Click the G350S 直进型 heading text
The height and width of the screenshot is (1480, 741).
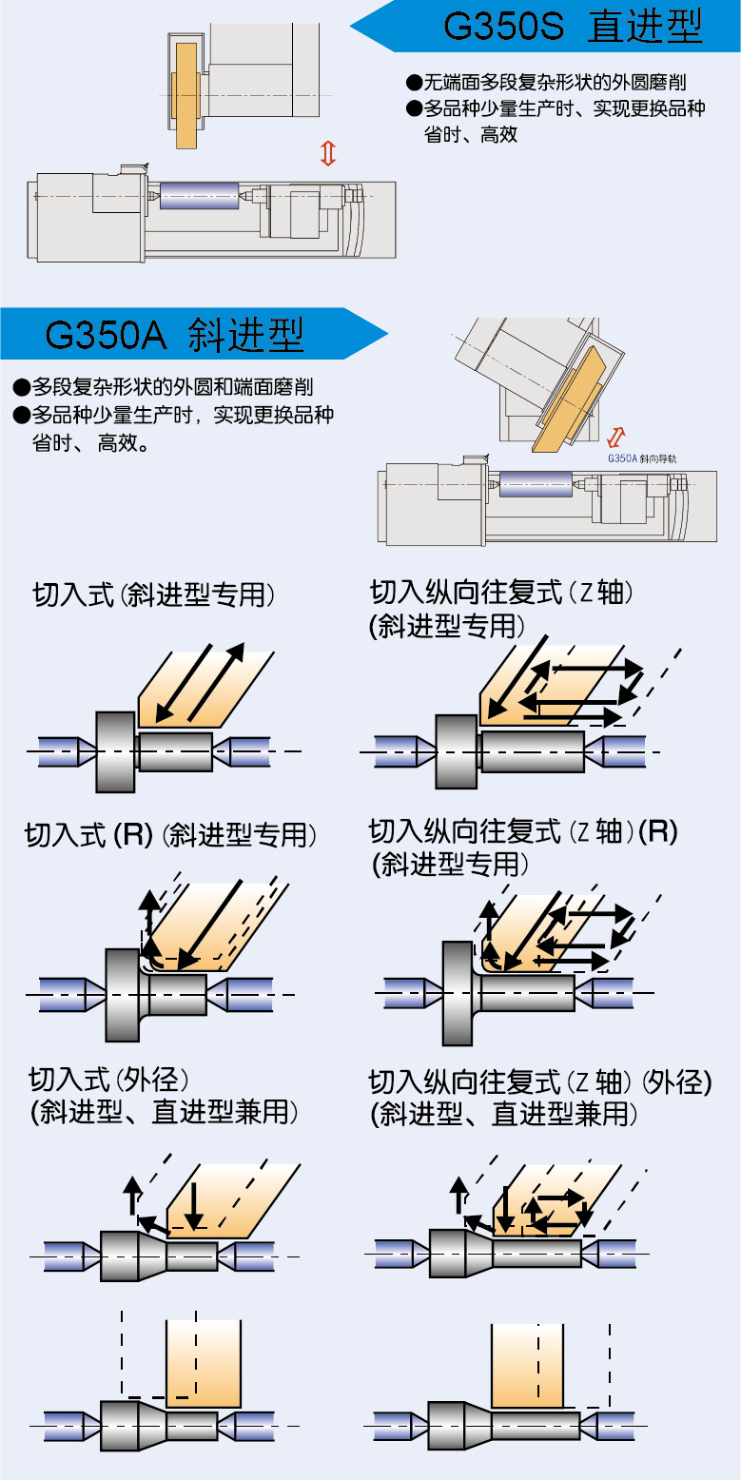click(x=573, y=26)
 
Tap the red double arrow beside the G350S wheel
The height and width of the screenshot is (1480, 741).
click(x=328, y=152)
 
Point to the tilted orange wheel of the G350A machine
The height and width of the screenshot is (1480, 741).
click(x=569, y=400)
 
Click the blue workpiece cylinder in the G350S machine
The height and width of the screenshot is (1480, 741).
click(x=198, y=196)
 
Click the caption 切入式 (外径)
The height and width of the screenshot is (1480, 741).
click(x=109, y=1080)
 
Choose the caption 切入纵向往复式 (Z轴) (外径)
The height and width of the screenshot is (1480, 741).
click(x=539, y=1082)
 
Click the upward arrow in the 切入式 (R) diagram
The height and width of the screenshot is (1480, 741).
click(x=147, y=913)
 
